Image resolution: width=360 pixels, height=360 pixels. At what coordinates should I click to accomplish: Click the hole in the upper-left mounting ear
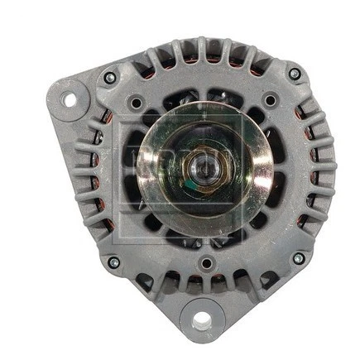(70, 100)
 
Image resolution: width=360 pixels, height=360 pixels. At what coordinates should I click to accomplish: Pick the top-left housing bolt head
(110, 77)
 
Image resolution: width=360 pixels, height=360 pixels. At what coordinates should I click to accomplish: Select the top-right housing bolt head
(295, 74)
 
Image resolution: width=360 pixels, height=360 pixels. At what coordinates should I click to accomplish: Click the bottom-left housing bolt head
(113, 262)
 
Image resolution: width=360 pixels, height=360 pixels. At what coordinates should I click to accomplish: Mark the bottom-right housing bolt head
(299, 258)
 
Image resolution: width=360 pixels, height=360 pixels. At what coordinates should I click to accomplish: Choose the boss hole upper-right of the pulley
(270, 101)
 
